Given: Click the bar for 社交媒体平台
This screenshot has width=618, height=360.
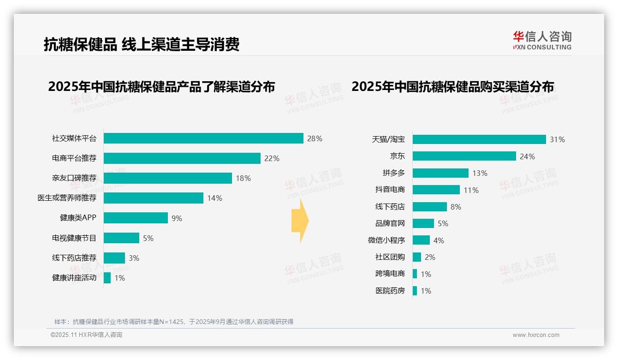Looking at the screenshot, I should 203,138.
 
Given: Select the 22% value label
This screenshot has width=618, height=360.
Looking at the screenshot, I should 272,158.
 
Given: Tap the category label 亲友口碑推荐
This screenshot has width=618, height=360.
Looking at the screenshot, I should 74,178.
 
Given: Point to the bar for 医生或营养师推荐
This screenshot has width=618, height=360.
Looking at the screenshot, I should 154,198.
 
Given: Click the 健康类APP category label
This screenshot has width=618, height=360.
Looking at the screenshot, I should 78,218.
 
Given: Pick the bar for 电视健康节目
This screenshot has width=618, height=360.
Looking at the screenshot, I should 121,238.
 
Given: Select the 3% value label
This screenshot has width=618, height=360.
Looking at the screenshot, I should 134,258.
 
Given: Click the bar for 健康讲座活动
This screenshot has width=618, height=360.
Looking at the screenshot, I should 107,278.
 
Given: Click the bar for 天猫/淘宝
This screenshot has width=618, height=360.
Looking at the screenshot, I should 479,139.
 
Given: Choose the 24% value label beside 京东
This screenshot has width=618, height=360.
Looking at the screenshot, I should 527,156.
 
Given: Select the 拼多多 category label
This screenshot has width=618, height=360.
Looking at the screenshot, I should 393,173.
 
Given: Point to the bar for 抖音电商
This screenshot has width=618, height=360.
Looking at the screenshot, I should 436,190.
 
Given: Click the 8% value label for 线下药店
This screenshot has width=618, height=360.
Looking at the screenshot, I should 456,207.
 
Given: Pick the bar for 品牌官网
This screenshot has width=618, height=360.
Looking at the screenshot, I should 423,223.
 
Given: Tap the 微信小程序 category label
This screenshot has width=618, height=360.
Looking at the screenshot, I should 386,240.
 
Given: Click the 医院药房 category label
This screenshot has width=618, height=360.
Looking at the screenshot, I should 390,291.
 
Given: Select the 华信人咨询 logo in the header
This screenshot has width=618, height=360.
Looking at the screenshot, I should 542,40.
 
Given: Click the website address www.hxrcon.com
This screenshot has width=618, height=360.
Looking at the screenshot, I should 536,335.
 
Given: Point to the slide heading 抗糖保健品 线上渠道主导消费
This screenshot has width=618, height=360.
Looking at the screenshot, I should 142,44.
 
